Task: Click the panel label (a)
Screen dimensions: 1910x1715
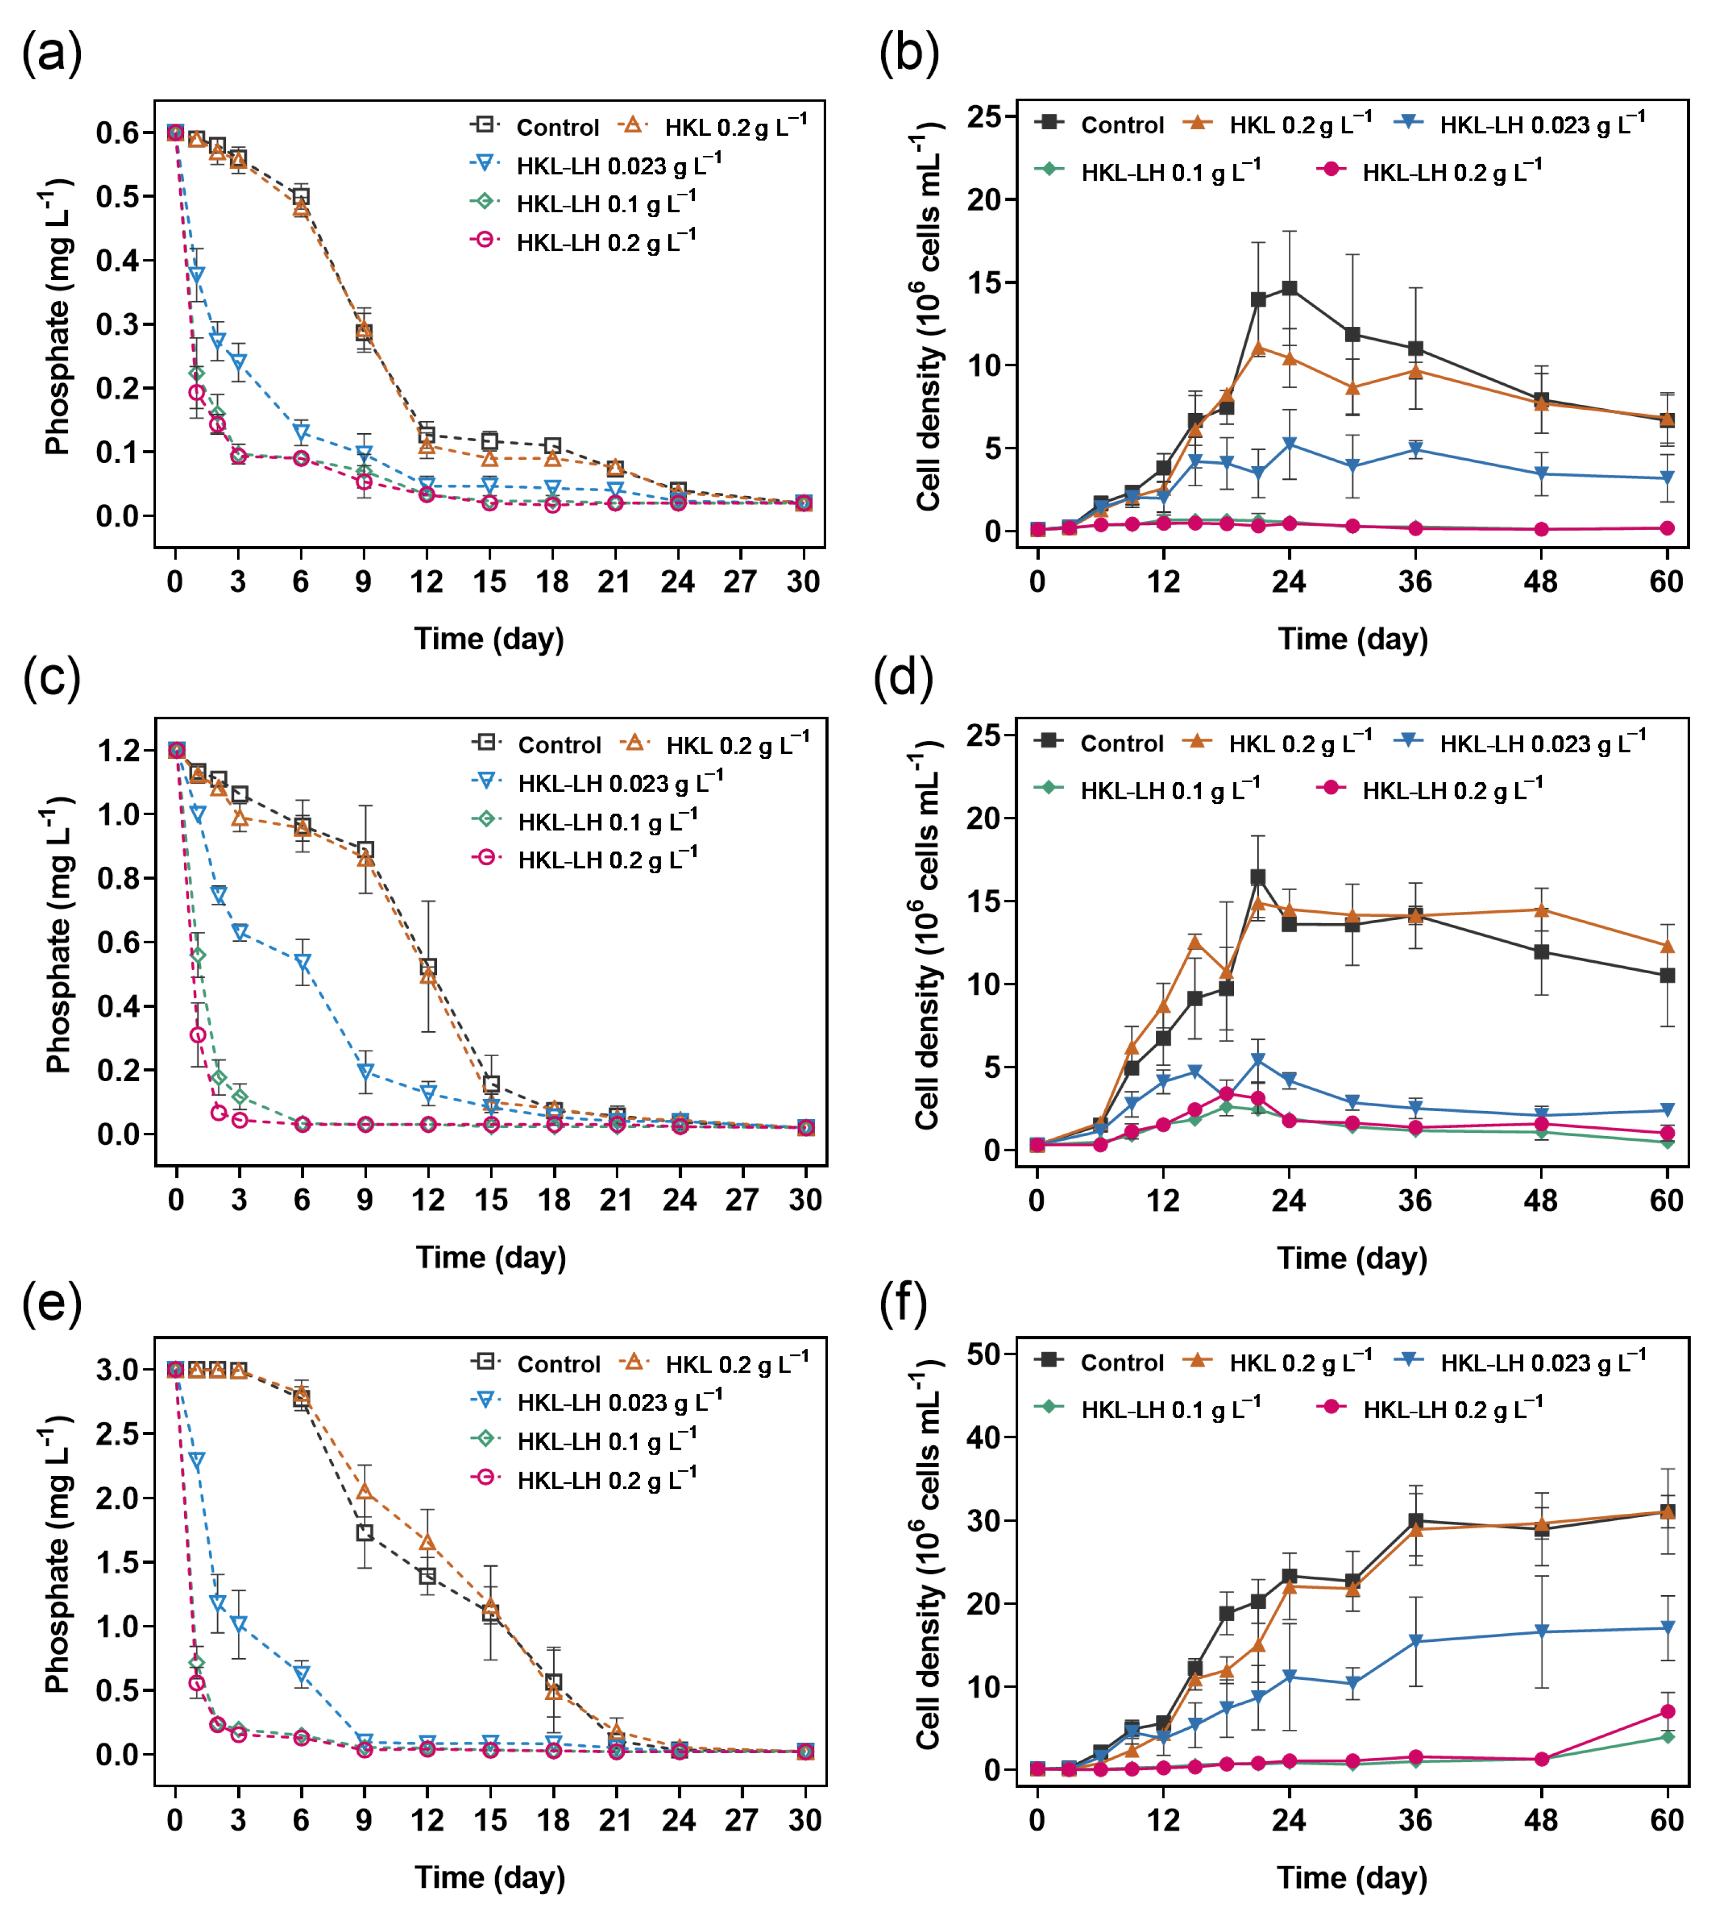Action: coord(52,52)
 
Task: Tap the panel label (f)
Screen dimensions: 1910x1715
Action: coord(903,1303)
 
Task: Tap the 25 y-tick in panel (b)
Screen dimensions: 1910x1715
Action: coord(986,117)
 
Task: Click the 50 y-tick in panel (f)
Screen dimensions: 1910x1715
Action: coord(986,1355)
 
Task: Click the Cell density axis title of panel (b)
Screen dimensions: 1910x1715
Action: coord(928,316)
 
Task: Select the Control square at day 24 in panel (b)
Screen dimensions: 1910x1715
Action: coord(1289,288)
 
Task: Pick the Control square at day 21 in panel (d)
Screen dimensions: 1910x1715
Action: coord(1257,877)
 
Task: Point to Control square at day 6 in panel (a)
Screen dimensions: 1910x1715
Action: coord(301,196)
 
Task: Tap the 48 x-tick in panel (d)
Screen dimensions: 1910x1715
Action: coord(1541,1201)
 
